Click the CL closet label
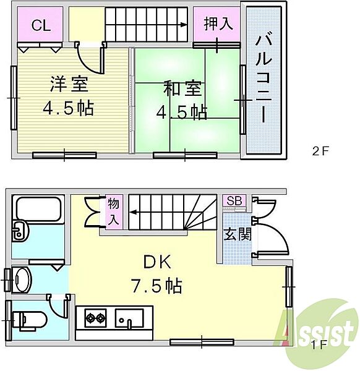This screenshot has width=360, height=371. pos(41,25)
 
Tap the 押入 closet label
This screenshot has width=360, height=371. pos(218,24)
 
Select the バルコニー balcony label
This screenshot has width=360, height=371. pos(263,80)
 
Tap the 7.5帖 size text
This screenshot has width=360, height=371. pos(155,285)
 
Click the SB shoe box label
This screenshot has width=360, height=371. pos(235,201)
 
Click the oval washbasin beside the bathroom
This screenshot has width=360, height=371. pos(22,279)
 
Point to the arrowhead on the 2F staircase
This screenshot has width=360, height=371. pos(184,25)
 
